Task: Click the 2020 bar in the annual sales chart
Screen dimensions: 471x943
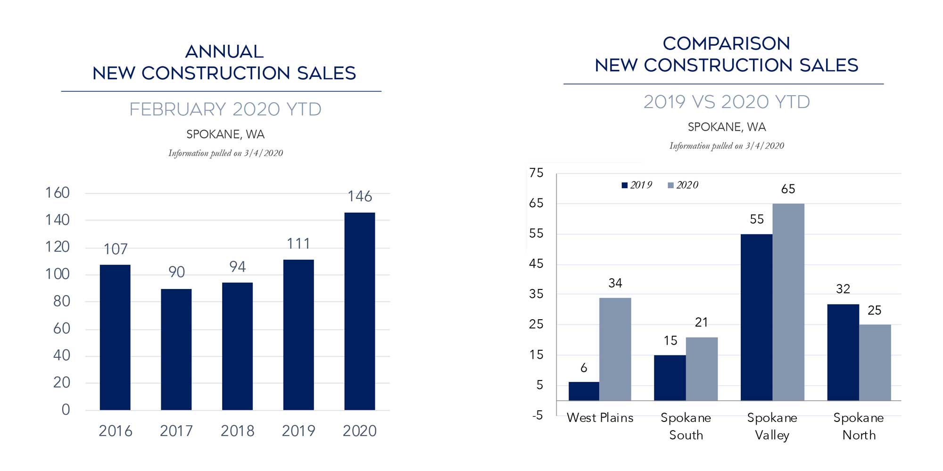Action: tap(359, 311)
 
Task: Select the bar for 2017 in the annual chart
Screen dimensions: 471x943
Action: tap(176, 349)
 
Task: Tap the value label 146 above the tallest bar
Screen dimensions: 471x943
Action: tap(360, 196)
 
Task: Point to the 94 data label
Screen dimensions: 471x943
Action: tap(237, 267)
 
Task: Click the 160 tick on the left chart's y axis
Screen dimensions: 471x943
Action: tap(57, 193)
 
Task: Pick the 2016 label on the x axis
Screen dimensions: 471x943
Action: tap(115, 431)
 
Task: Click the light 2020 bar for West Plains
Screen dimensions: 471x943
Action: tap(615, 349)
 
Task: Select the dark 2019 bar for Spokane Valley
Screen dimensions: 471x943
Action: tap(756, 317)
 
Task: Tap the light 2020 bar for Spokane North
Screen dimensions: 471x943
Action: tap(875, 362)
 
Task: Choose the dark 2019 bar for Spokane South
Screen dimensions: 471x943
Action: tap(670, 378)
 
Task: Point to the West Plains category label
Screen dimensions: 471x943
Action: tap(600, 418)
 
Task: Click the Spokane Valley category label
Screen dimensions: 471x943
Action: tap(772, 426)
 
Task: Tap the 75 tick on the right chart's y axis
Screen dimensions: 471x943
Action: tap(536, 173)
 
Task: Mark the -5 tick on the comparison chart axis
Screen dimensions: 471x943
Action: tap(538, 415)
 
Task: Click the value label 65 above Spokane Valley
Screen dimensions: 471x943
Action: tap(788, 189)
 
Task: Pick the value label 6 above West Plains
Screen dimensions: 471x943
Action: tap(584, 368)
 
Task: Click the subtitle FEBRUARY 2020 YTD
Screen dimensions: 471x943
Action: tap(225, 109)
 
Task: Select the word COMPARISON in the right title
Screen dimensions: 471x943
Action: tap(726, 43)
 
